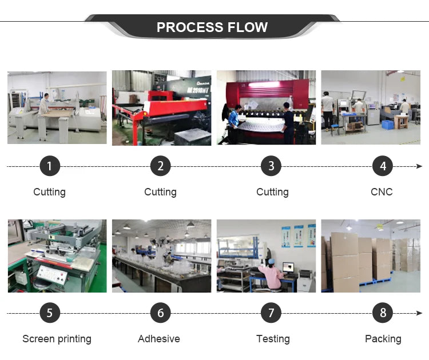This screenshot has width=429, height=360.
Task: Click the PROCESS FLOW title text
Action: coord(212,27)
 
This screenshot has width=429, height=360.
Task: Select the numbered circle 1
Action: coord(50,166)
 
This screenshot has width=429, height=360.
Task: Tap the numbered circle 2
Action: coord(160,166)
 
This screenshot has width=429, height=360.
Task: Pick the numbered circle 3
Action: coord(271,166)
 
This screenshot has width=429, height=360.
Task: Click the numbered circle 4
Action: coord(383,166)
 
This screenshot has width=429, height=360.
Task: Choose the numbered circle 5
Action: coord(50,313)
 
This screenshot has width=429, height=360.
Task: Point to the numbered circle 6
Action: coord(160,313)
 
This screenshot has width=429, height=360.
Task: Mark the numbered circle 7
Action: coord(271,313)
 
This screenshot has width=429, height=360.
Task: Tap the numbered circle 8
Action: coord(383,313)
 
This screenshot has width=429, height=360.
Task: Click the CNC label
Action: coord(382,192)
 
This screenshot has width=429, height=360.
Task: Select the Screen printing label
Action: coord(57,339)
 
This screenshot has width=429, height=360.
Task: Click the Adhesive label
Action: coord(159,339)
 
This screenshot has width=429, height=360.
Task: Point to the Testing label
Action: coord(273,339)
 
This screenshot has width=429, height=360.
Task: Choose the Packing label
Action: coord(383,339)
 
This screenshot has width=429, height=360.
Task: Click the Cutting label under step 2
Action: coord(160,192)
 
